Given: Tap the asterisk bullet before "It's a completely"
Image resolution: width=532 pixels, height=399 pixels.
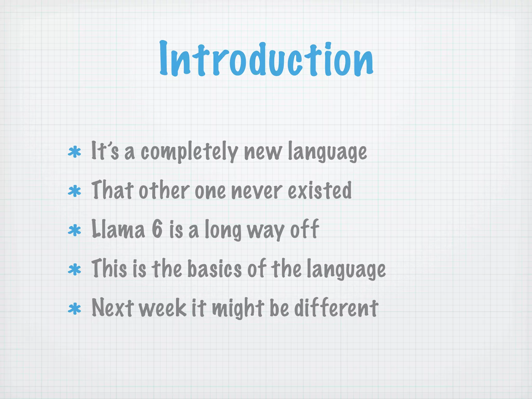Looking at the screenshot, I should pos(74,152).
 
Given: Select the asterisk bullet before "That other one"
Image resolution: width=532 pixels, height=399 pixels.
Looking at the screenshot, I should pos(74,192).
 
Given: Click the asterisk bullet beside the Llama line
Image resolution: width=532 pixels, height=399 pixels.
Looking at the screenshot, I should pos(74,230).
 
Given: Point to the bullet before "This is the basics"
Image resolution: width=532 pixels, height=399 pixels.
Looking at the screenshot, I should pos(74,270).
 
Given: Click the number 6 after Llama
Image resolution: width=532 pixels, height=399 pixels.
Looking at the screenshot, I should pos(157,229).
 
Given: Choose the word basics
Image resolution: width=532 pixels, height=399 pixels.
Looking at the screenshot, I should pos(215,269).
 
